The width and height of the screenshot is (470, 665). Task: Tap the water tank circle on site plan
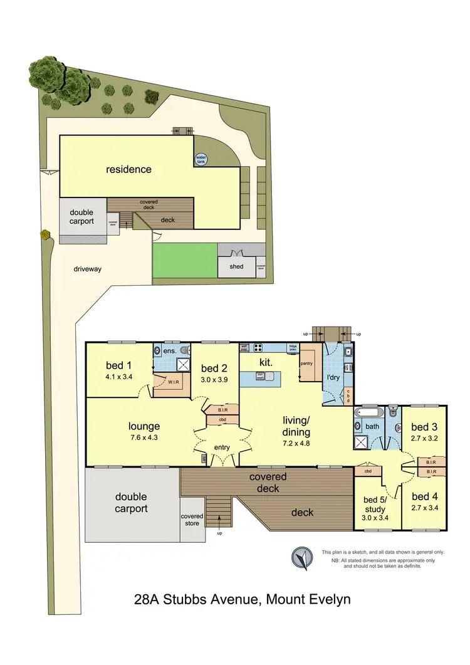201,159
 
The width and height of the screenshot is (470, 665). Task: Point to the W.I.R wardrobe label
174,380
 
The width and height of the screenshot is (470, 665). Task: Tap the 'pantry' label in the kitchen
306,363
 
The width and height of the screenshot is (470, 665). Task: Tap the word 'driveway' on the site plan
87,269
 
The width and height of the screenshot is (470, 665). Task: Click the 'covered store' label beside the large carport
192,520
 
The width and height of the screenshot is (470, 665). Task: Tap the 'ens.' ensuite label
169,352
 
